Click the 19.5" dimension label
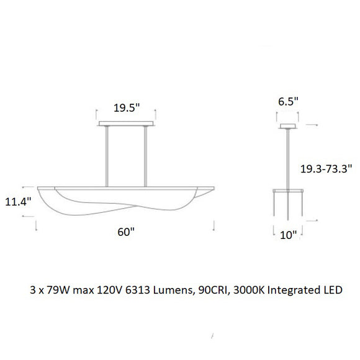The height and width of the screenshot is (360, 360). click(126, 107)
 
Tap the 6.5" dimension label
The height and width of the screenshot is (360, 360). click(287, 101)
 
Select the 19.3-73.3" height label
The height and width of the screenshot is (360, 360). click(326, 168)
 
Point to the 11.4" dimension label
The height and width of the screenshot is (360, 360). click(17, 202)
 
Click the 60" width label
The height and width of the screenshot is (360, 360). click(126, 232)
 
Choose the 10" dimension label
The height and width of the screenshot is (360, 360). click(287, 234)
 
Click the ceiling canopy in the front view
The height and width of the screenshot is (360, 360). click(126, 124)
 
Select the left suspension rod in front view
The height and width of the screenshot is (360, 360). click(106, 155)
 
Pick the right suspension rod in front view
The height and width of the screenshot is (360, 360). click(146, 155)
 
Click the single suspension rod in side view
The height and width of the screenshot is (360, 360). click(287, 158)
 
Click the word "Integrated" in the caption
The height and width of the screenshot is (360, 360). click(291, 290)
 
